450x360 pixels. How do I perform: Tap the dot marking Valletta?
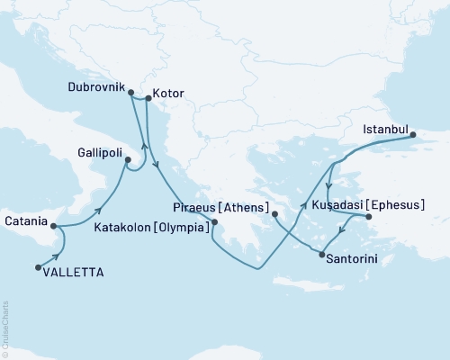coord(38,266)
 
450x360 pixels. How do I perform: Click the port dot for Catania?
coord(54,227)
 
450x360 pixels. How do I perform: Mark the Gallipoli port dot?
coord(127,162)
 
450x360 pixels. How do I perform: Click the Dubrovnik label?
coord(95,88)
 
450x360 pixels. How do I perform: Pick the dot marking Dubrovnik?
coord(130,93)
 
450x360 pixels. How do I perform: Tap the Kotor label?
coord(169,92)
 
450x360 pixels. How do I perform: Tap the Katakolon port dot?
coord(214,221)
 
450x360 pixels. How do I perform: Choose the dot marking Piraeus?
coord(274,214)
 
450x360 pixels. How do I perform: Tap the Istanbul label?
coord(386,130)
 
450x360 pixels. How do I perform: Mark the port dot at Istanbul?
coord(413,136)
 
